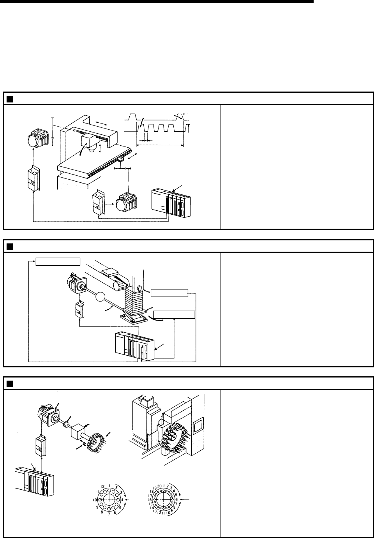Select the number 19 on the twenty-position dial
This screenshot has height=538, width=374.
155,487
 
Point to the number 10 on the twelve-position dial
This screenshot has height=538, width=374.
95,499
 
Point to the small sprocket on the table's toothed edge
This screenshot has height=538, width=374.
122,160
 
